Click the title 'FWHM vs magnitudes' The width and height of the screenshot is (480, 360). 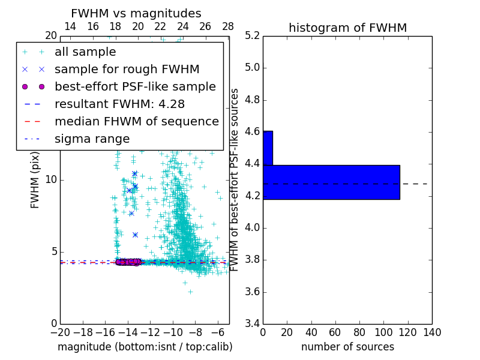[136, 13]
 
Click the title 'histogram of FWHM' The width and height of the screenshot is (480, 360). [347, 28]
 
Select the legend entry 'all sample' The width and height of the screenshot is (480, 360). [85, 52]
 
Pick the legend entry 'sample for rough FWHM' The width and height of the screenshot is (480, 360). [127, 69]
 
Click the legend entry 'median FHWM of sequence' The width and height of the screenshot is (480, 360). [136, 121]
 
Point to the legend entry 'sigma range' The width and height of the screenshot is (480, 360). [92, 139]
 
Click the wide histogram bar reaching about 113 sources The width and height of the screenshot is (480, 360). [331, 182]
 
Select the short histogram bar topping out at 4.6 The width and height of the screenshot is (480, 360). [268, 148]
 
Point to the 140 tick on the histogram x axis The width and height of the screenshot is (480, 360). [432, 332]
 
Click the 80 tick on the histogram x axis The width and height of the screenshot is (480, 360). [359, 332]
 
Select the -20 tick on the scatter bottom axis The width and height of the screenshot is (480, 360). [60, 332]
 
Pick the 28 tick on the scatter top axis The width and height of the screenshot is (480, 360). [228, 26]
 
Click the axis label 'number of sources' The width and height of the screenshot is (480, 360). [347, 347]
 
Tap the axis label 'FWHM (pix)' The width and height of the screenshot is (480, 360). [35, 180]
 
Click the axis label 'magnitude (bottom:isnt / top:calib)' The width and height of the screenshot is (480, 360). [145, 347]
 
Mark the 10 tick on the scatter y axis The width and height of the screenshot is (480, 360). [51, 180]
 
